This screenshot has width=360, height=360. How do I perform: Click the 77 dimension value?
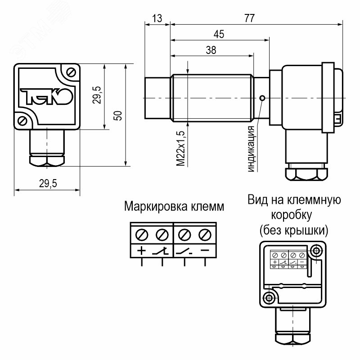coord(249,18)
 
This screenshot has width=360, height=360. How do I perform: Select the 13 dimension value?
coord(157,18)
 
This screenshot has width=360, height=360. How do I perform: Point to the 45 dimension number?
coord(219,34)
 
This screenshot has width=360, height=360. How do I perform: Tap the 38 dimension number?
coord(211,50)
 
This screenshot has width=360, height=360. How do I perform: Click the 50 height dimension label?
coord(118,115)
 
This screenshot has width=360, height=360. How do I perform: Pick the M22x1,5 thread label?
coord(180,148)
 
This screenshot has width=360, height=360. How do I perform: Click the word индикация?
coord(251,149)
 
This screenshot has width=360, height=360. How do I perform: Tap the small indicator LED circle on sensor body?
coord(262,98)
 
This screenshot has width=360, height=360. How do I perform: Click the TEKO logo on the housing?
coord(46,96)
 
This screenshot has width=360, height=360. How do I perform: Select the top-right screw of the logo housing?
coord(71,72)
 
